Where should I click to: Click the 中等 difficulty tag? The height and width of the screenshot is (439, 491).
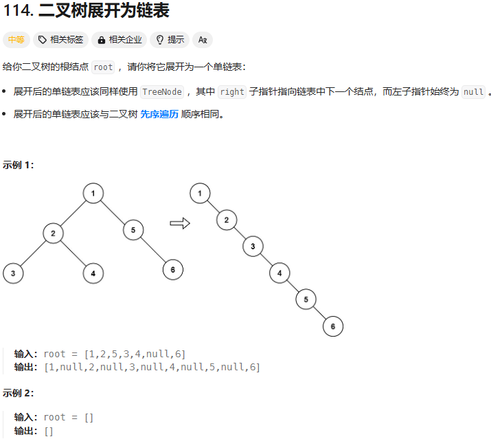click(x=16, y=40)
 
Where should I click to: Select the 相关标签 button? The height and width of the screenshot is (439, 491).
click(x=61, y=40)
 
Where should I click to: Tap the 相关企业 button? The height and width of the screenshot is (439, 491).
click(x=120, y=40)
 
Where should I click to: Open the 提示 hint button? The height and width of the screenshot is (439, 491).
click(x=170, y=40)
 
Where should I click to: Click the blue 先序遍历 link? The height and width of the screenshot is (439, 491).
click(x=159, y=114)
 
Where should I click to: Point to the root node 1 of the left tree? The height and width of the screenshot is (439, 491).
click(x=93, y=194)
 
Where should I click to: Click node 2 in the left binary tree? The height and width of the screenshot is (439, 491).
click(x=53, y=234)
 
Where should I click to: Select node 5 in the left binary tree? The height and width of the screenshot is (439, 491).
click(x=133, y=229)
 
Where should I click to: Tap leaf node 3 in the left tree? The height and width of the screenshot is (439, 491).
click(x=13, y=273)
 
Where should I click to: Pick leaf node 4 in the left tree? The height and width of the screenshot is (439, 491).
click(x=93, y=273)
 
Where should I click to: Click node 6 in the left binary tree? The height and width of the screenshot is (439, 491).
click(x=173, y=270)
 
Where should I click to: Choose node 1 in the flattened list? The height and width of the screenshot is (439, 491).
click(x=200, y=194)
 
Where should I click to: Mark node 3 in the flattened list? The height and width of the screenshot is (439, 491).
click(x=253, y=246)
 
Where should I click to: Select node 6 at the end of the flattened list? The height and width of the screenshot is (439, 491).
click(x=333, y=326)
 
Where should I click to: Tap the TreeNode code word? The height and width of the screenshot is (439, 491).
click(x=162, y=91)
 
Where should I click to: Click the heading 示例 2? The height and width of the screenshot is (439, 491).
click(x=19, y=394)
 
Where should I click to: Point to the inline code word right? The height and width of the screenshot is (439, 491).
click(x=232, y=91)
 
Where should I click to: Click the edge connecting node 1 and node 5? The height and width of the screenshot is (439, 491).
click(x=113, y=212)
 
